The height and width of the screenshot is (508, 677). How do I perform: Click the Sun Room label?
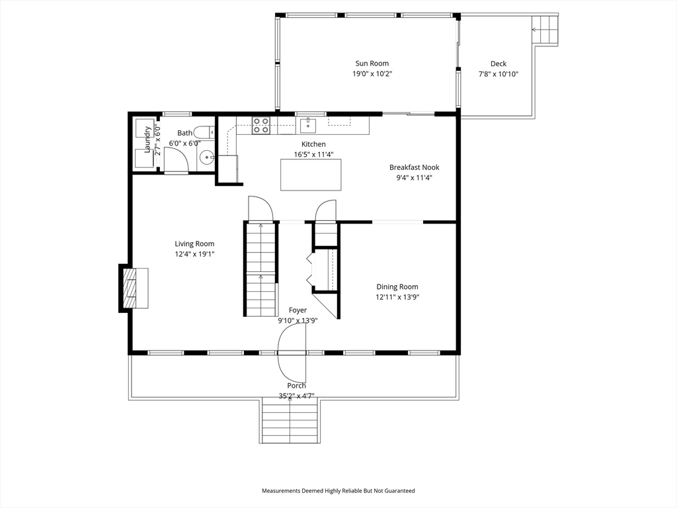pos(372,63)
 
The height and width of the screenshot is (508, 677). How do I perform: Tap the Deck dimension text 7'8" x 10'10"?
pos(498,74)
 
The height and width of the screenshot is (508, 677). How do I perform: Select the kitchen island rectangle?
pos(311,175)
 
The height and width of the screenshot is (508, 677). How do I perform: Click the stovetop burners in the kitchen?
pos(261,125)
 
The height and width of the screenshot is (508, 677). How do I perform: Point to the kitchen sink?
pos(308,125)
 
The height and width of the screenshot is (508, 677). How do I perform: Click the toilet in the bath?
pos(204,132)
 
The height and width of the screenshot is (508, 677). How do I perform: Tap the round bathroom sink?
pos(207,156)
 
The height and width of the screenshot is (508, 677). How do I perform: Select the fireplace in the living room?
pos(134,288)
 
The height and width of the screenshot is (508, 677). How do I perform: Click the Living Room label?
pos(194,243)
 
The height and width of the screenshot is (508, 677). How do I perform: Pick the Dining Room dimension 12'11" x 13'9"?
pos(397,297)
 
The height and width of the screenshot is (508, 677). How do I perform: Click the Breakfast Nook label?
pos(414,167)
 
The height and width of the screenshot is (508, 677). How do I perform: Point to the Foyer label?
pos(298,310)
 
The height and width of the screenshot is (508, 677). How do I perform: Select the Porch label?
pos(296,386)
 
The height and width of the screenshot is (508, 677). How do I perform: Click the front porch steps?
pos(290,421)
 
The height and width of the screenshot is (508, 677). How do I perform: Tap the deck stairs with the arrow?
pos(545,29)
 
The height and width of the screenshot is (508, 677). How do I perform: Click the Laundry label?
pos(147,140)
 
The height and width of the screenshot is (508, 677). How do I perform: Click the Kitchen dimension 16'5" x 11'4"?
pos(313,154)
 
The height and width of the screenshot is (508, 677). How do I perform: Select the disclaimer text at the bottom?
pos(338,491)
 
